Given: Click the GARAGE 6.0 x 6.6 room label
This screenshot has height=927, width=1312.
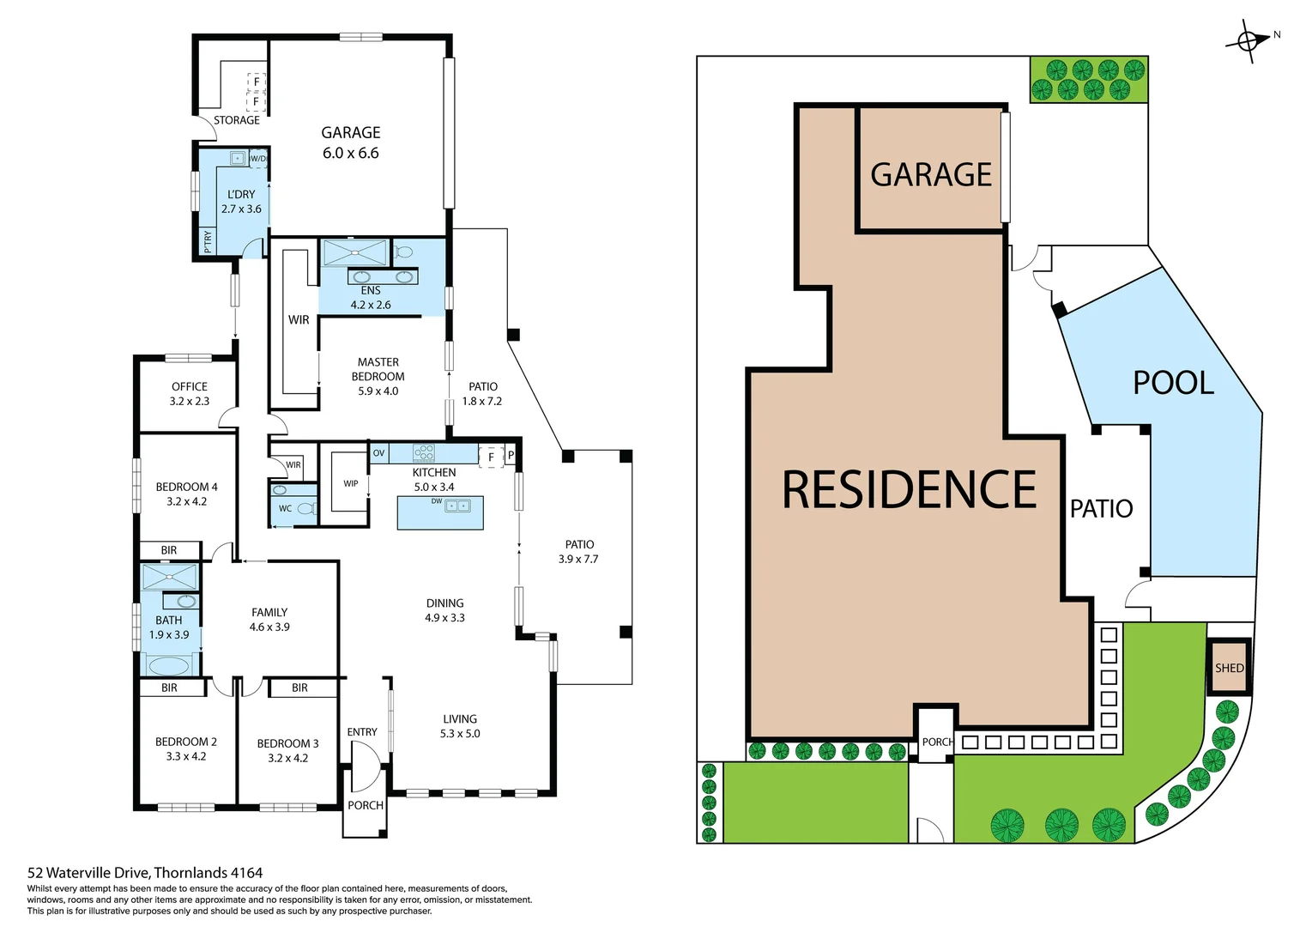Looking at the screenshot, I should pyautogui.click(x=350, y=142).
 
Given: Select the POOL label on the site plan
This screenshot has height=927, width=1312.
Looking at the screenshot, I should pyautogui.click(x=1173, y=383).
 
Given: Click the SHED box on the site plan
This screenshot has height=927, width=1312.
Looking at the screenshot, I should pyautogui.click(x=1229, y=667).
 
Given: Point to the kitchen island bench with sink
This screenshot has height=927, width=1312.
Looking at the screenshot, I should pyautogui.click(x=440, y=512).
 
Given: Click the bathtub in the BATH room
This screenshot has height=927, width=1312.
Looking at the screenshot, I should pyautogui.click(x=169, y=665).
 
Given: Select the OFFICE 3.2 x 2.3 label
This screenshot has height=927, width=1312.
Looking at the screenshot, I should pyautogui.click(x=189, y=394).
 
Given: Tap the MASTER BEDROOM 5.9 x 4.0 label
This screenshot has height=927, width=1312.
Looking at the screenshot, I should pyautogui.click(x=378, y=376).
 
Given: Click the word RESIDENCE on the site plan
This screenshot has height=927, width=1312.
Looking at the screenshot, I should pyautogui.click(x=909, y=490).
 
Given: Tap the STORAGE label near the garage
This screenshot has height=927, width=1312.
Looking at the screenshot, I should pyautogui.click(x=236, y=120).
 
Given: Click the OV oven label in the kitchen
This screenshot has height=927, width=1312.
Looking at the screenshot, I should pyautogui.click(x=378, y=453).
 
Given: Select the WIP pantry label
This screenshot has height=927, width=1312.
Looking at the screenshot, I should pyautogui.click(x=351, y=483).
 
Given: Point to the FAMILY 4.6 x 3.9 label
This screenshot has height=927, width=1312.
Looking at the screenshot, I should pyautogui.click(x=269, y=619).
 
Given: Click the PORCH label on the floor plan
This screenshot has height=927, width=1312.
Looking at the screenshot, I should pyautogui.click(x=366, y=805).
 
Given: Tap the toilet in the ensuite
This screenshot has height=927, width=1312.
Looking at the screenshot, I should pyautogui.click(x=403, y=252).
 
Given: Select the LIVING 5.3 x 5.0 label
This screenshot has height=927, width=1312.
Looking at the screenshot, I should pyautogui.click(x=460, y=726).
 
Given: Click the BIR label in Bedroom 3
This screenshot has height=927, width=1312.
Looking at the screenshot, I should pyautogui.click(x=299, y=688).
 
